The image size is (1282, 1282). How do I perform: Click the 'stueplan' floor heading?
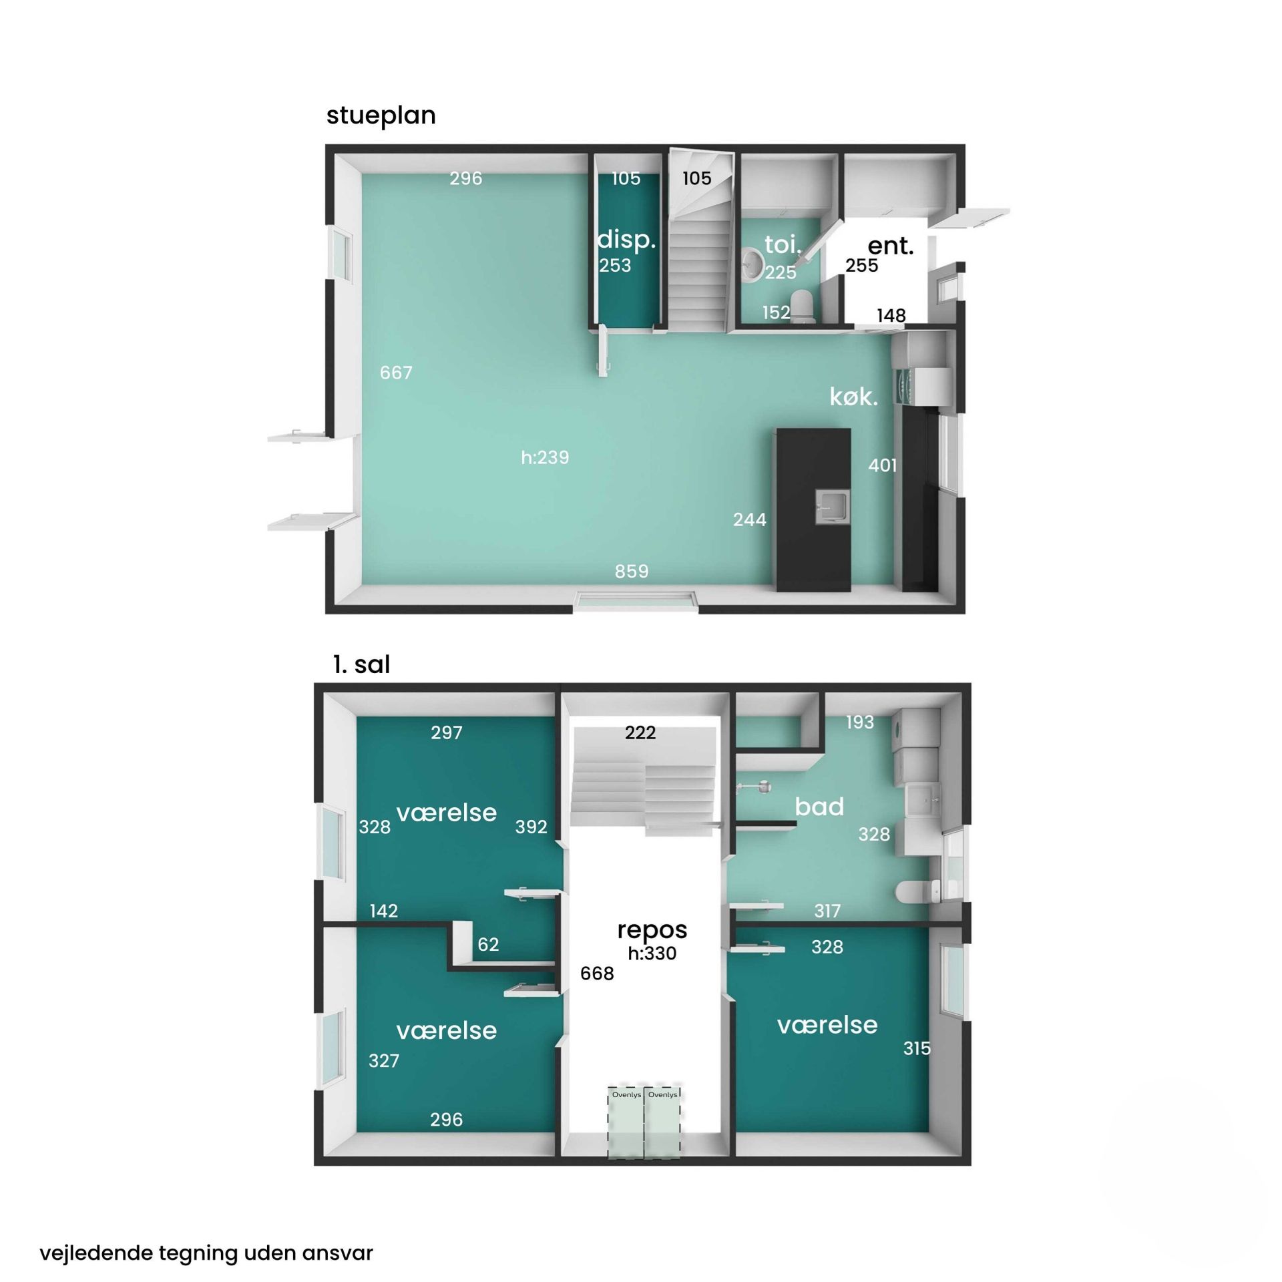(x=381, y=116)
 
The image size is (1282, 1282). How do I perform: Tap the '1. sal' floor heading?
(x=361, y=664)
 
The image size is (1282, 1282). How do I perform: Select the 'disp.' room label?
(x=626, y=240)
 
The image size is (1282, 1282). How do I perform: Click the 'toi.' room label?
(x=783, y=244)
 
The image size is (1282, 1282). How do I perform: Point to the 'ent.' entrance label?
(x=890, y=246)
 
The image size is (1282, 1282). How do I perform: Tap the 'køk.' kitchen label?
(x=853, y=397)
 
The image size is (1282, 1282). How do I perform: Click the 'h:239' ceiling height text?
(x=545, y=457)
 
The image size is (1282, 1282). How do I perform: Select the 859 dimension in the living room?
(x=632, y=572)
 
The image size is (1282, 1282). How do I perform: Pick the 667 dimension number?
(x=396, y=373)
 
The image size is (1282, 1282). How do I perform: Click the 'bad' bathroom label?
(x=819, y=807)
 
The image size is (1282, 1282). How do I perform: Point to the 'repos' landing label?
(x=652, y=931)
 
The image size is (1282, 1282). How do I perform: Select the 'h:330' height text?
(x=652, y=953)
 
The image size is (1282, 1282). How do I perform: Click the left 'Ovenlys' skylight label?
(x=626, y=1095)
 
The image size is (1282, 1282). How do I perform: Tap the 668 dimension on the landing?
(x=597, y=974)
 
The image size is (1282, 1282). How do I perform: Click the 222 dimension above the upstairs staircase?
(x=640, y=733)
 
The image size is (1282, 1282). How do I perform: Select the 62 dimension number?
(x=488, y=944)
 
